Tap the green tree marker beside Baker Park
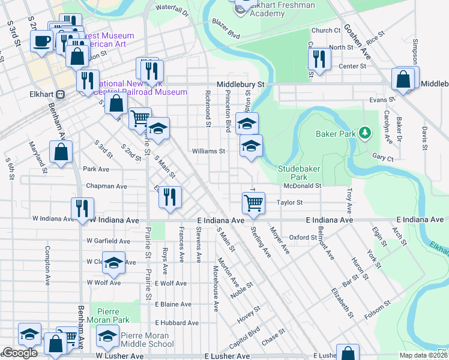pos(364,132)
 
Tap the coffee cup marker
pos(42,41)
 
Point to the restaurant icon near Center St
pos(318,58)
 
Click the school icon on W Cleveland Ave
pos(113,263)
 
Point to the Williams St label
pos(208,151)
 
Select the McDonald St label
pos(303,186)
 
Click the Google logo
pos(20,353)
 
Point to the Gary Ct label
pos(382,158)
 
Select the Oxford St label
pos(303,237)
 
